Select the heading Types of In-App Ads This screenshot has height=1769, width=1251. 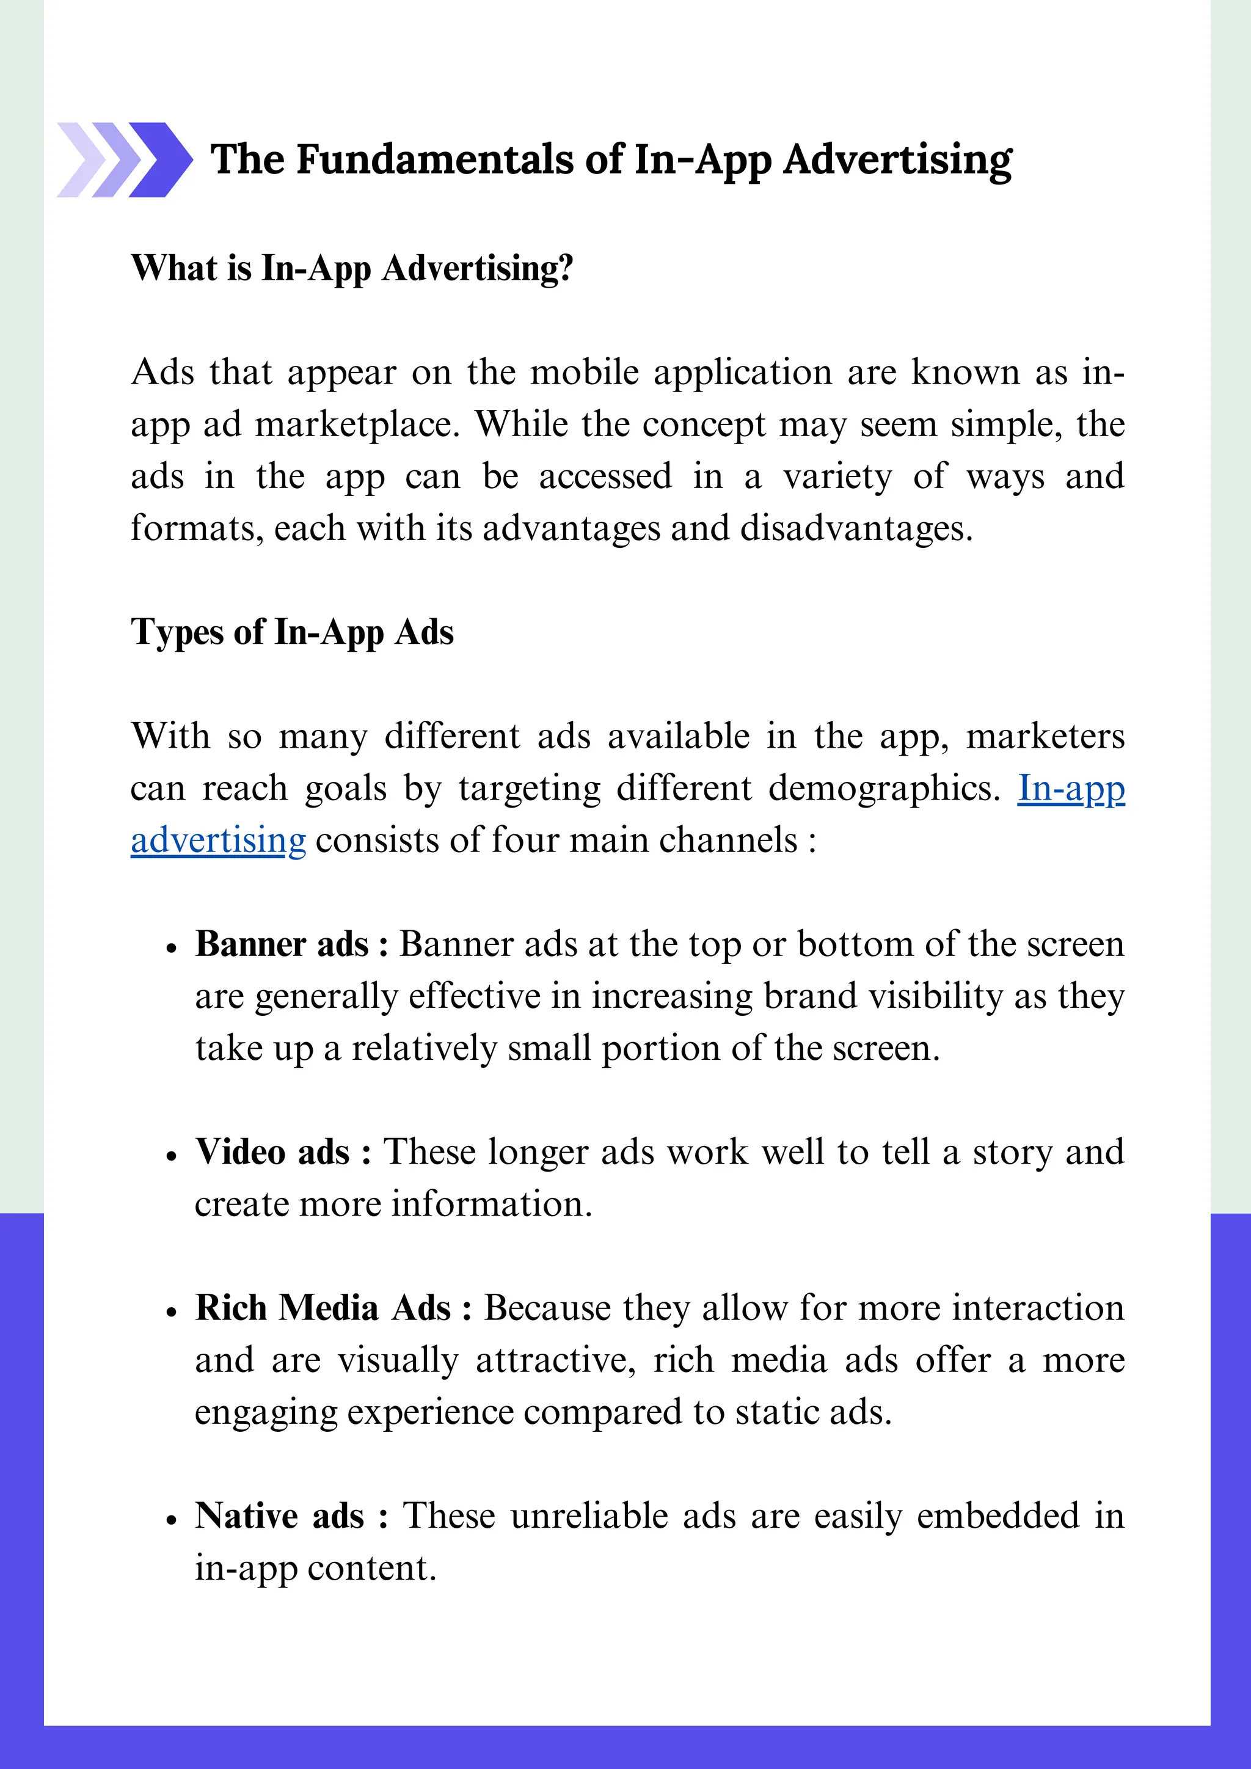tap(292, 632)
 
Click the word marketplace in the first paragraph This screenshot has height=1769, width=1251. tap(357, 425)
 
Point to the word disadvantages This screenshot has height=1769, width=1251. tap(856, 528)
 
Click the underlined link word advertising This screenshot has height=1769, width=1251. tap(218, 840)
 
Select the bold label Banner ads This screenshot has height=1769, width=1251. tap(282, 944)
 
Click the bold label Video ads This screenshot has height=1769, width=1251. tap(272, 1152)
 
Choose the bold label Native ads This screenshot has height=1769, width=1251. tap(279, 1516)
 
